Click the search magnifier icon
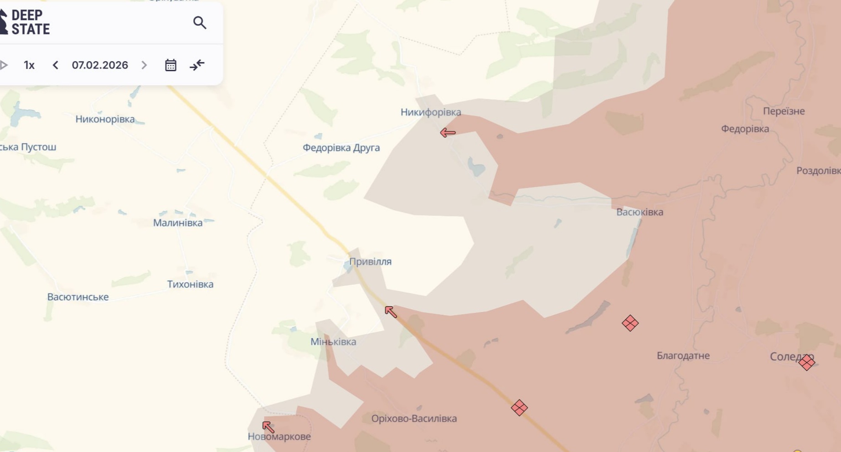point(200,22)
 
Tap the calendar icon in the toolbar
point(170,65)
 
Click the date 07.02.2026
point(100,65)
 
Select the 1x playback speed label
point(29,65)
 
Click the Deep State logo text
point(30,22)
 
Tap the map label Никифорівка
point(431,112)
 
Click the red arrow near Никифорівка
point(448,133)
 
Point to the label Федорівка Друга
point(341,148)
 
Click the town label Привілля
point(370,262)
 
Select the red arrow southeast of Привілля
point(391,312)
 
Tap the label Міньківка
point(333,342)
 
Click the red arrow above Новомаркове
point(268,427)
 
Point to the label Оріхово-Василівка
point(414,419)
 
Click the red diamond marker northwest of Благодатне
point(630,323)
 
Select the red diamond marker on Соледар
point(806,363)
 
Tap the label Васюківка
point(640,212)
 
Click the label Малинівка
point(178,223)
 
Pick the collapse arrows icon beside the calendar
point(197,65)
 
